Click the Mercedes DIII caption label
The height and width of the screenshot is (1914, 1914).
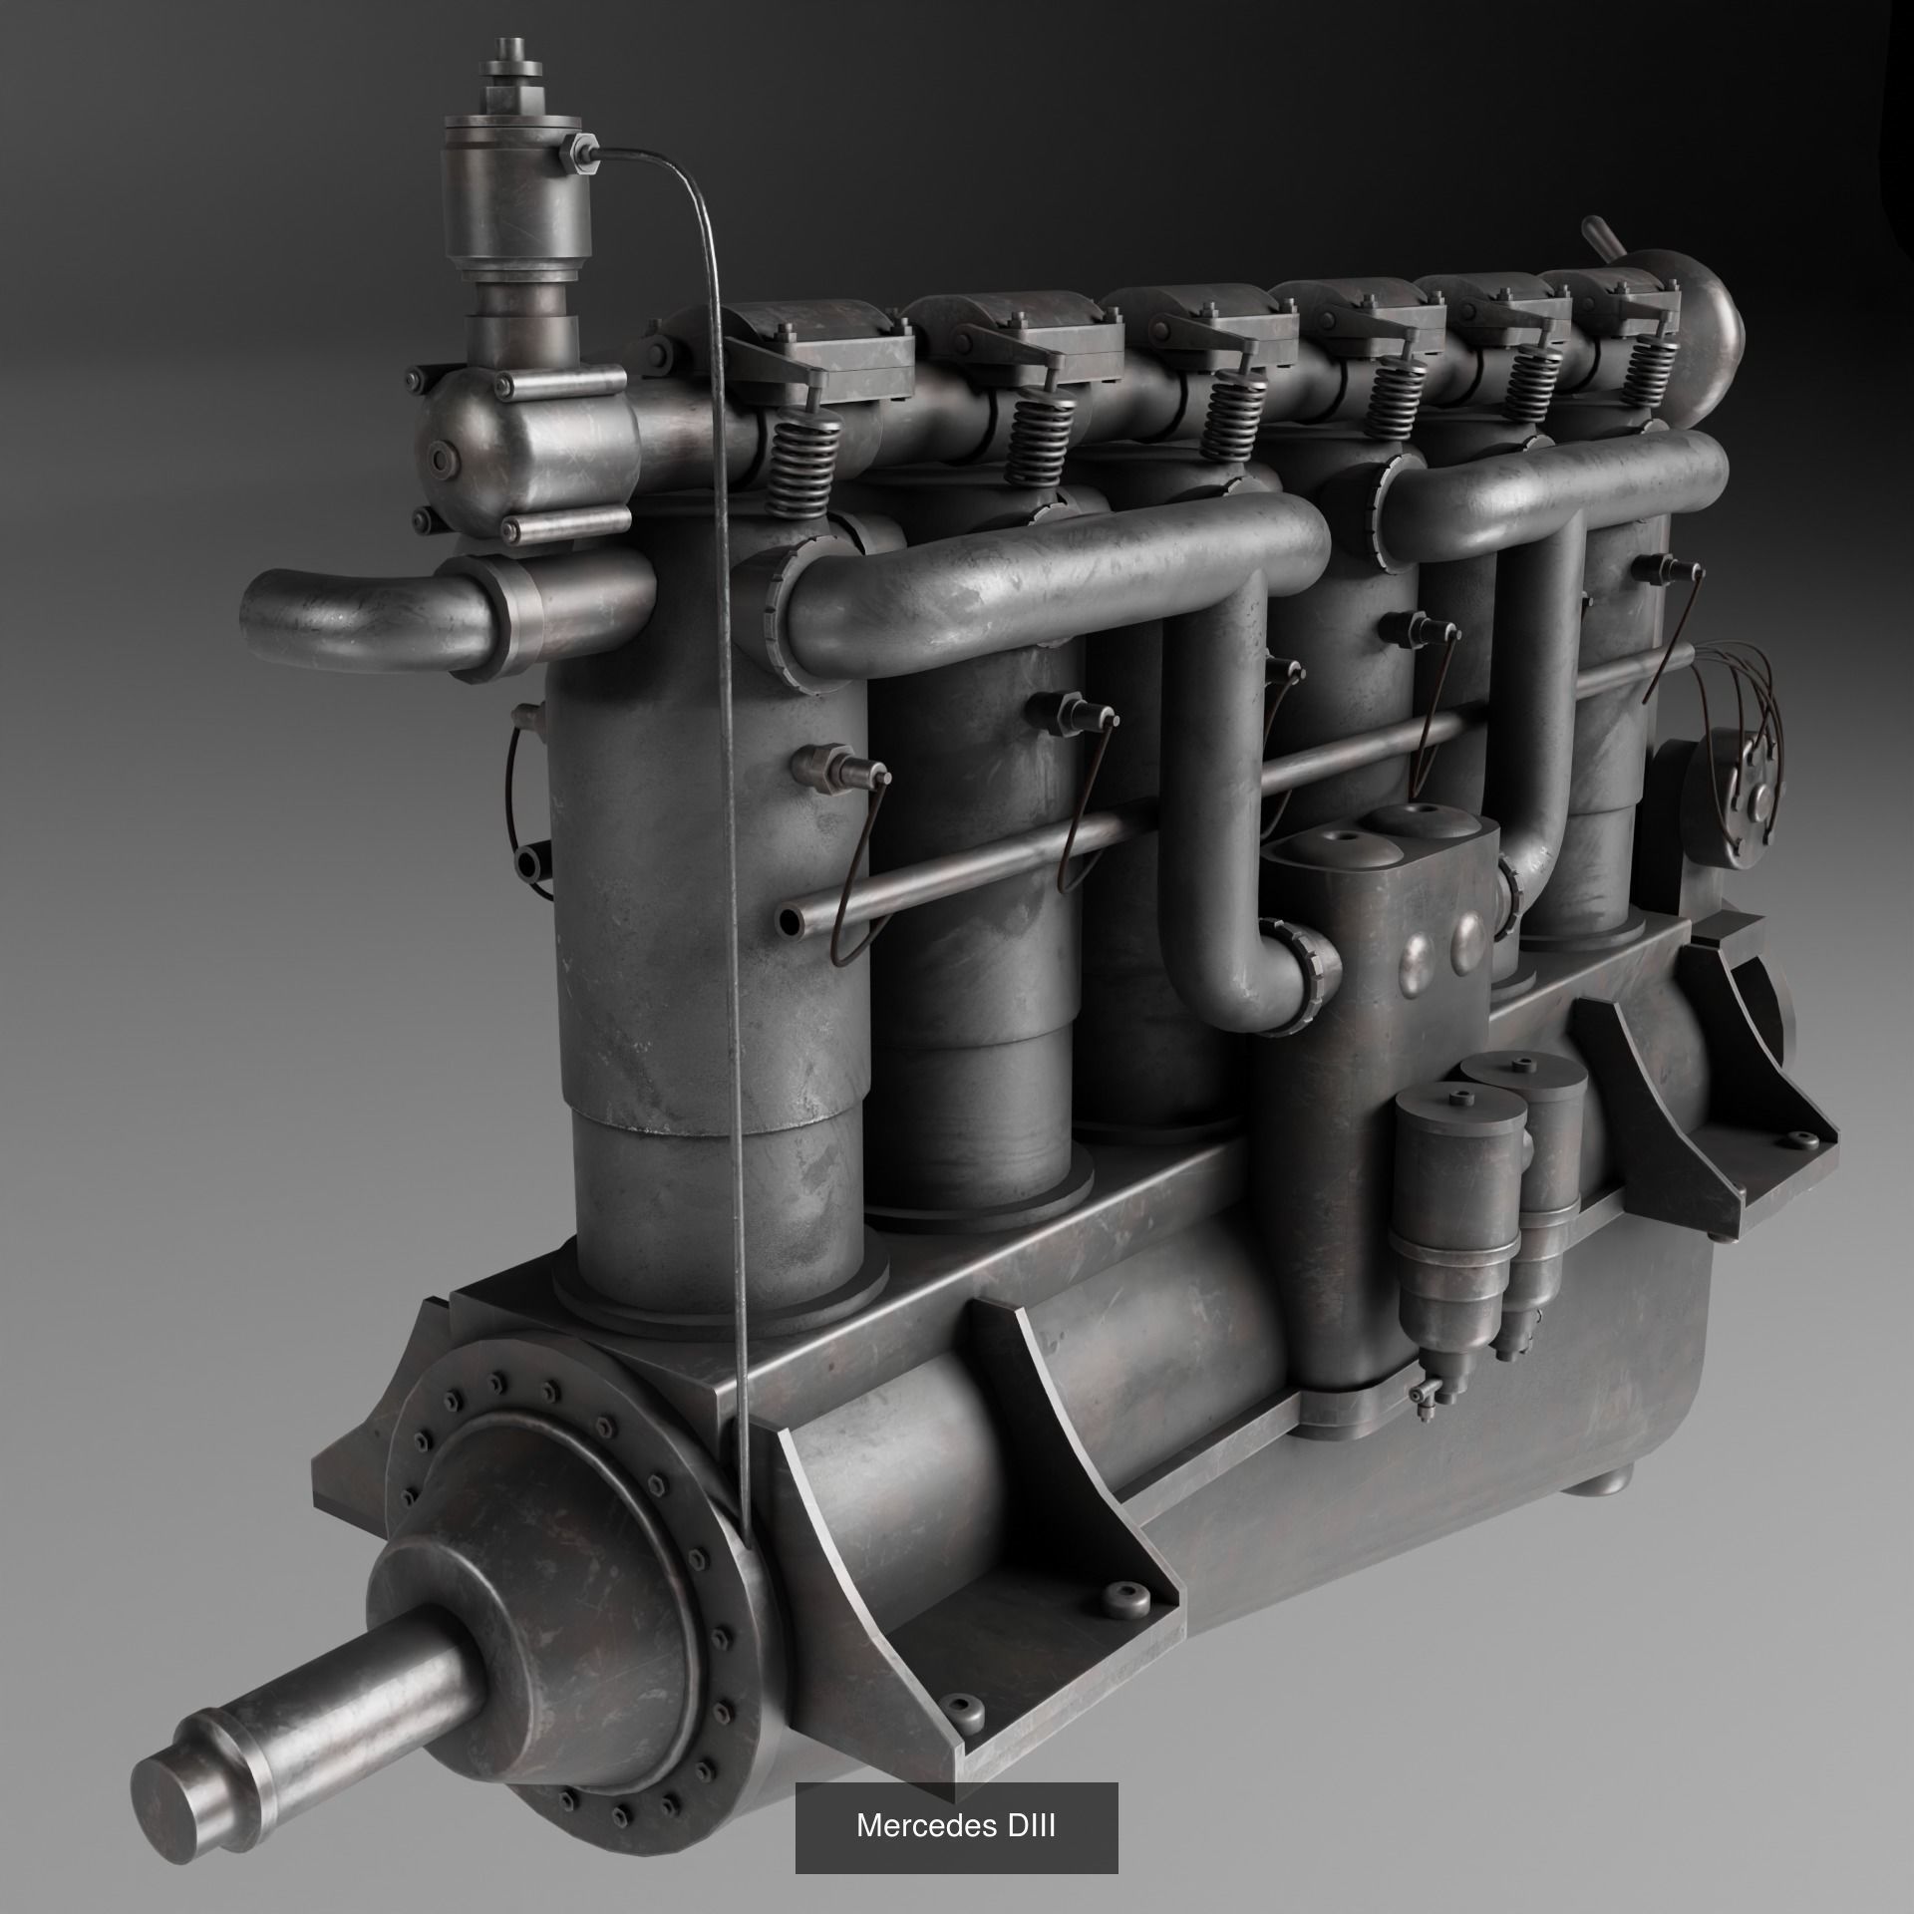pos(955,1827)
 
